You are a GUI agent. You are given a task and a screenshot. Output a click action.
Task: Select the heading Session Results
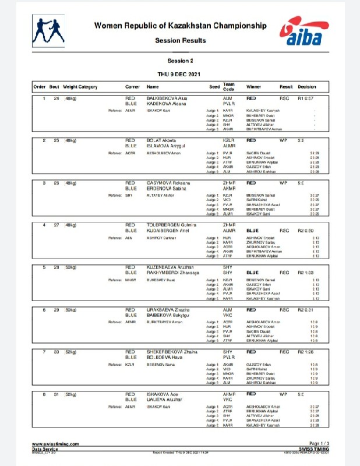click(x=180, y=41)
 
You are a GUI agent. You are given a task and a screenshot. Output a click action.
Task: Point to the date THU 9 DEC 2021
click(x=180, y=74)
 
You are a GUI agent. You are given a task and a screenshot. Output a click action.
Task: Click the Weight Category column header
click(x=80, y=87)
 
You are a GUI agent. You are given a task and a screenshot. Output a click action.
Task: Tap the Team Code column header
click(x=228, y=86)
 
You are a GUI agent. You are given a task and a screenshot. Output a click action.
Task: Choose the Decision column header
click(x=307, y=87)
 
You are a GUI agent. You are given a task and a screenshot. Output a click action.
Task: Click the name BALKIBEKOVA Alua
click(x=173, y=99)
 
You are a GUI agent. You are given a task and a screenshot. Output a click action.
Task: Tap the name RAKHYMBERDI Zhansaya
click(x=177, y=272)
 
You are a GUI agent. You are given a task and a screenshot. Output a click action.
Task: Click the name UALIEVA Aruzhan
click(x=169, y=398)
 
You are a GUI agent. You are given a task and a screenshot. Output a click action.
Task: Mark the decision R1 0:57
click(x=306, y=99)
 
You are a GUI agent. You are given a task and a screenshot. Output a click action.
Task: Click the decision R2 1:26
click(x=306, y=351)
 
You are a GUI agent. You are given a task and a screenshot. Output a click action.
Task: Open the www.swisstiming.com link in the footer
click(x=55, y=443)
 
